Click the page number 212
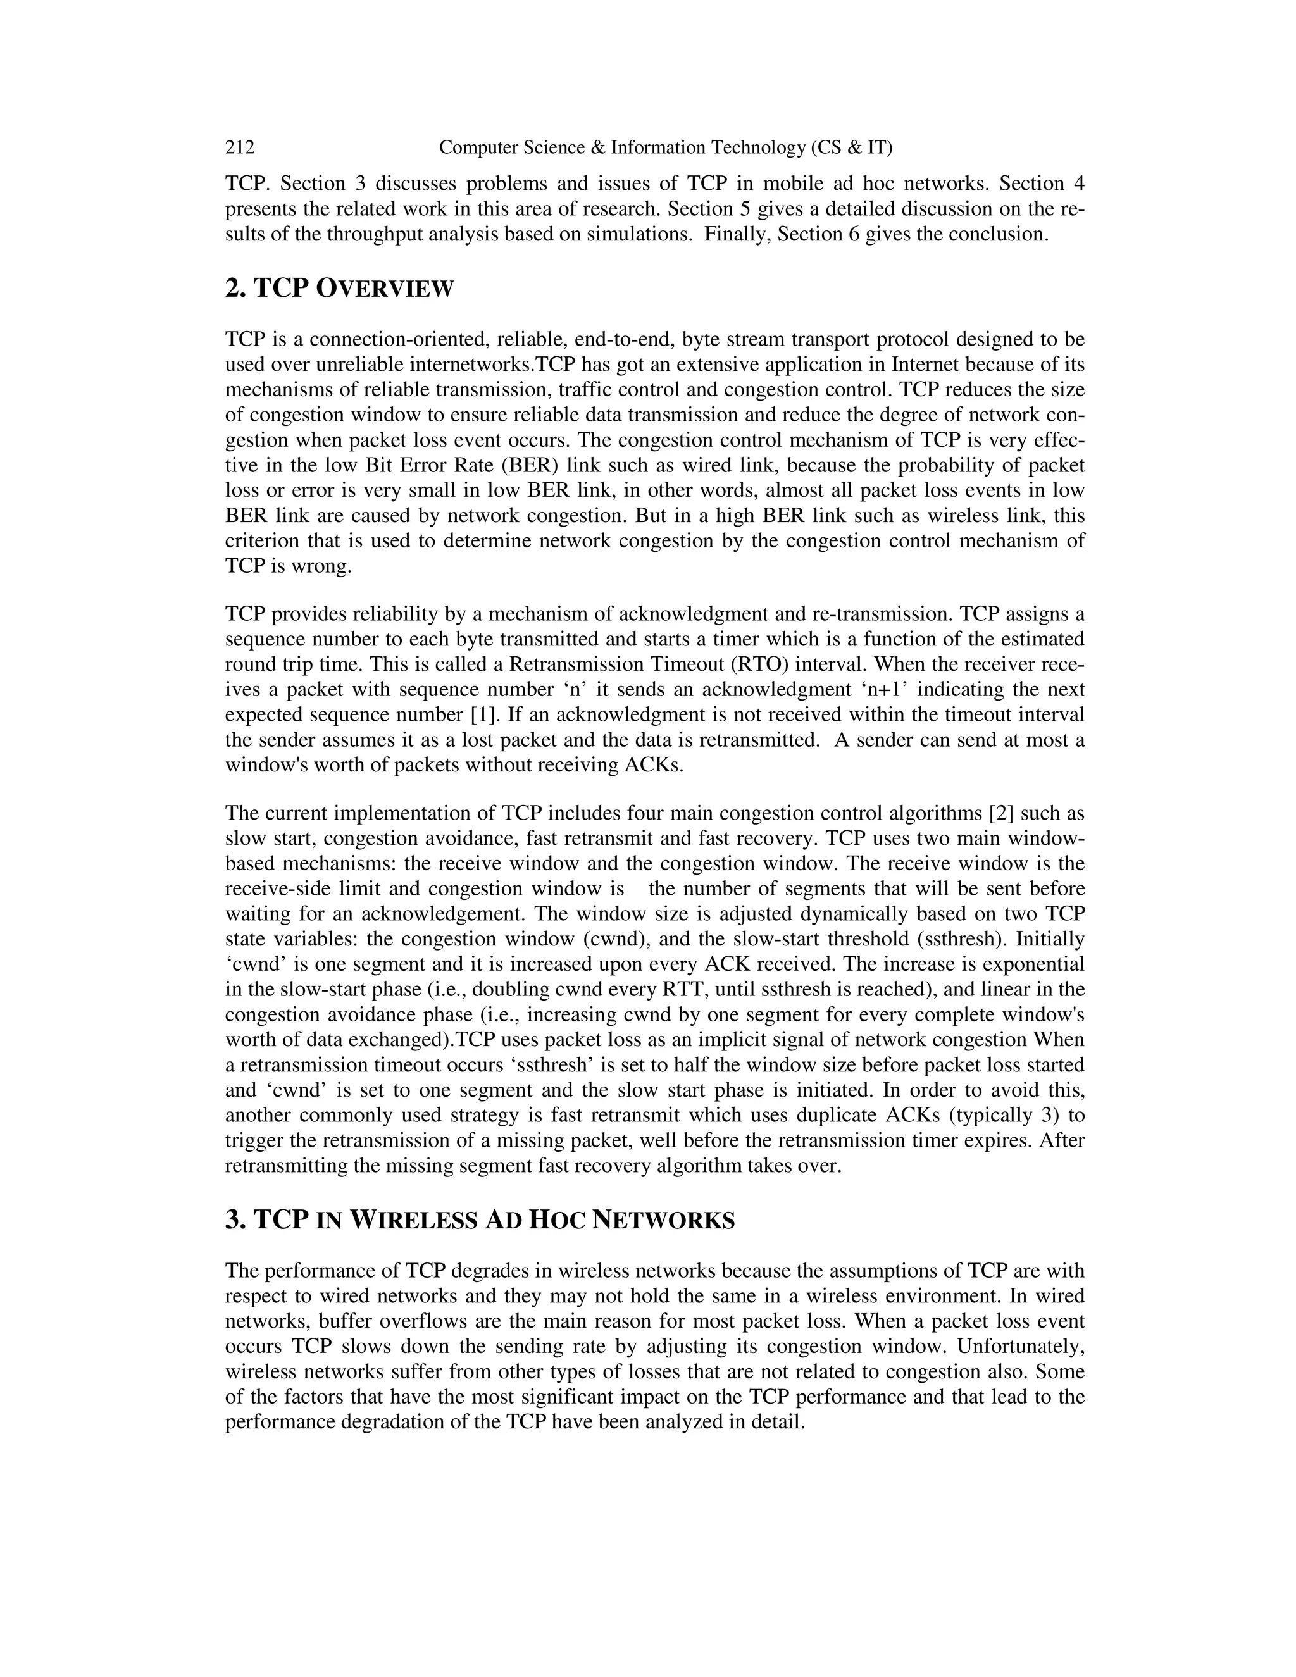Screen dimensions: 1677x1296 point(240,147)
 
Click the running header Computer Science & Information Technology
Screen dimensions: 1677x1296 point(665,147)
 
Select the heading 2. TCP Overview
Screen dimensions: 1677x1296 point(339,289)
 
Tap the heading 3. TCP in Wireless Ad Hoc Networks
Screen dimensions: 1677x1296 point(480,1220)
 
